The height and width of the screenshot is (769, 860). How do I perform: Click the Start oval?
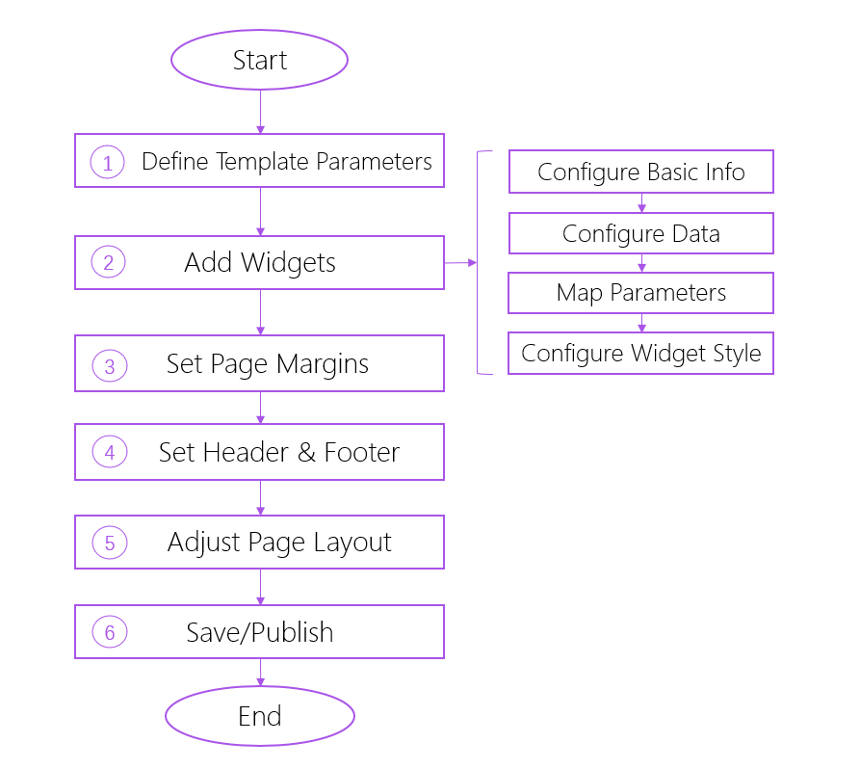pyautogui.click(x=259, y=60)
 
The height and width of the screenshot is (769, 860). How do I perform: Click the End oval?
pyautogui.click(x=259, y=716)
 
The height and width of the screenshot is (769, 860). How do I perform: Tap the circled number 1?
pyautogui.click(x=108, y=163)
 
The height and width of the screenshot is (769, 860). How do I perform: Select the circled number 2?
pyautogui.click(x=108, y=263)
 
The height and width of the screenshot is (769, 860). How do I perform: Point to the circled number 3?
pyautogui.click(x=109, y=366)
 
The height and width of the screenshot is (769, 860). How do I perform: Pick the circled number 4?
pyautogui.click(x=109, y=453)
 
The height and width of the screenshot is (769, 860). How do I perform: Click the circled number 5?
pyautogui.click(x=109, y=544)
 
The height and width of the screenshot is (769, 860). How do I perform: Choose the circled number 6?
pyautogui.click(x=109, y=633)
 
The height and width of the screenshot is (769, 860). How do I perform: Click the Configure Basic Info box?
pyautogui.click(x=640, y=172)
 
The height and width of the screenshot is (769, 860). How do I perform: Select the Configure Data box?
pyautogui.click(x=640, y=233)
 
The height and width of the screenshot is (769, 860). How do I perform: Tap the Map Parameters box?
pyautogui.click(x=640, y=293)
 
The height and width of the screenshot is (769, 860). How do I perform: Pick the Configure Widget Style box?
pyautogui.click(x=640, y=354)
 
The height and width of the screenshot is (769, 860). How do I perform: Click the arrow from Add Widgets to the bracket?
pyautogui.click(x=460, y=262)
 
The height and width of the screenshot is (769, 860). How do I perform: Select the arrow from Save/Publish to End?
pyautogui.click(x=260, y=673)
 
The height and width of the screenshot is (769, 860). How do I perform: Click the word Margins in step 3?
pyautogui.click(x=323, y=364)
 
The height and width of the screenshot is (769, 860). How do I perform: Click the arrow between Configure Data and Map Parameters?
pyautogui.click(x=641, y=264)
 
